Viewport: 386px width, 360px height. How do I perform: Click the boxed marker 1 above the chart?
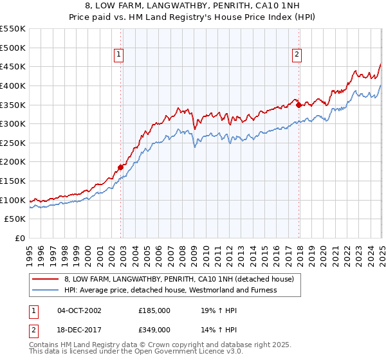click(120, 55)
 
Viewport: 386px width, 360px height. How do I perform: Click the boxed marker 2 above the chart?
click(297, 55)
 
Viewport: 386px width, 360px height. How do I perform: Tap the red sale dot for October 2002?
click(120, 168)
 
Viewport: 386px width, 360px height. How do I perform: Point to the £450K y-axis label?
click(14, 66)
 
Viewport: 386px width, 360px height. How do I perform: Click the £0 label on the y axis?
click(21, 239)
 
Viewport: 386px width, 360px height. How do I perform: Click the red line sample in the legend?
click(45, 280)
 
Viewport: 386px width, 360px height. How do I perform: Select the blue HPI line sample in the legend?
click(45, 290)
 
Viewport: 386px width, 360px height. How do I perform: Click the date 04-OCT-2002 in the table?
click(79, 310)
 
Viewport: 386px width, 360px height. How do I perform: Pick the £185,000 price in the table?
click(154, 310)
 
